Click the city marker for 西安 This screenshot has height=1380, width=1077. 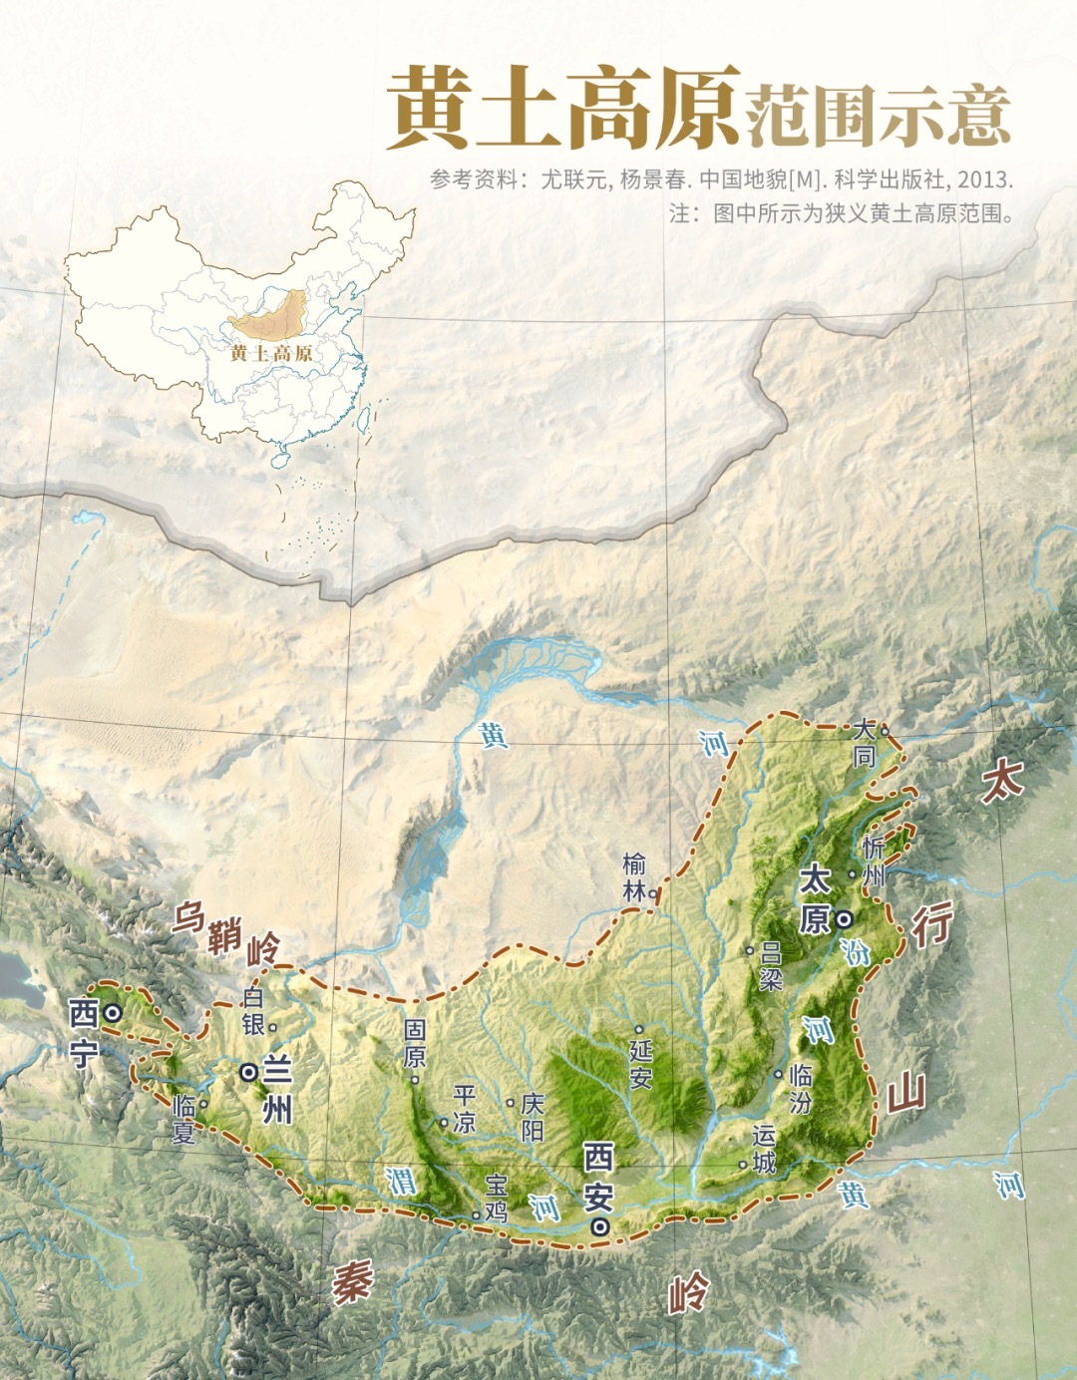[x=599, y=1227]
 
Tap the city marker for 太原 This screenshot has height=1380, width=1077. [x=845, y=917]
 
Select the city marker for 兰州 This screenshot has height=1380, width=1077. [x=248, y=1072]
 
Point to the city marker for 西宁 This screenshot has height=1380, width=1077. [x=114, y=1013]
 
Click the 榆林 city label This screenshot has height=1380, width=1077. [x=635, y=877]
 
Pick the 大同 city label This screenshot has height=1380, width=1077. [x=864, y=744]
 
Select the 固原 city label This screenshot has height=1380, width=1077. [x=415, y=1043]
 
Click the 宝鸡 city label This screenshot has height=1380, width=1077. [x=496, y=1198]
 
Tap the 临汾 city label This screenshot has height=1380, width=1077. [x=800, y=1088]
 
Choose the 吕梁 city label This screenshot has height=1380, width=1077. [x=770, y=965]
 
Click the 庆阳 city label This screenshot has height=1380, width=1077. [x=533, y=1116]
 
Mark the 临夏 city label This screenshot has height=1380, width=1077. [x=184, y=1119]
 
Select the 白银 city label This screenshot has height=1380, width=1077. [x=253, y=1010]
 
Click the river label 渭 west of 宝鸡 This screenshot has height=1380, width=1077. [x=402, y=1181]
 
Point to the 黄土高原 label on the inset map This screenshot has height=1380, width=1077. [x=271, y=353]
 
